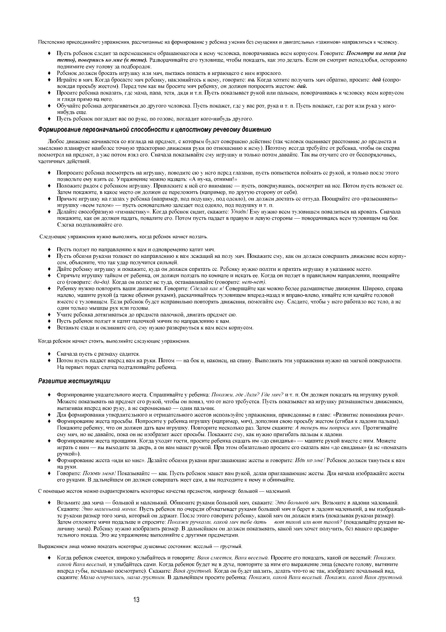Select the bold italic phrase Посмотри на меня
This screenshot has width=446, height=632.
tap(372, 53)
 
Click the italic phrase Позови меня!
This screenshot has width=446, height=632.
tap(99, 474)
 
